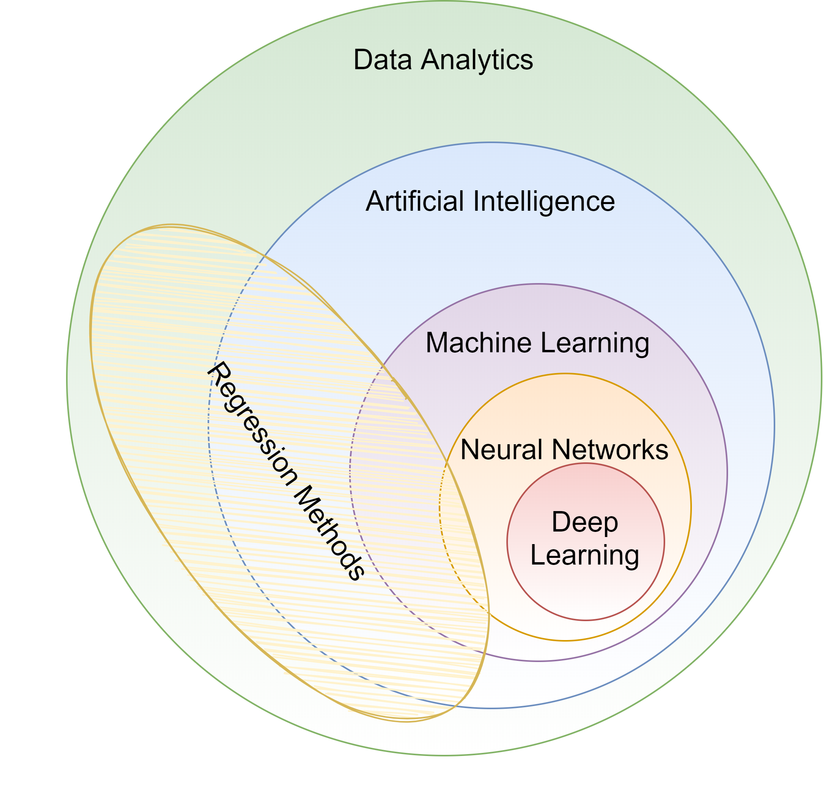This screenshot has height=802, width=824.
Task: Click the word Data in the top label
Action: tap(382, 60)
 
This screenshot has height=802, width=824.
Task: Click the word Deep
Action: tap(585, 523)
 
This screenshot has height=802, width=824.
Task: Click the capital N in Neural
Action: tap(470, 450)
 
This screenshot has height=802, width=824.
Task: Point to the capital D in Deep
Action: tap(561, 522)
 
